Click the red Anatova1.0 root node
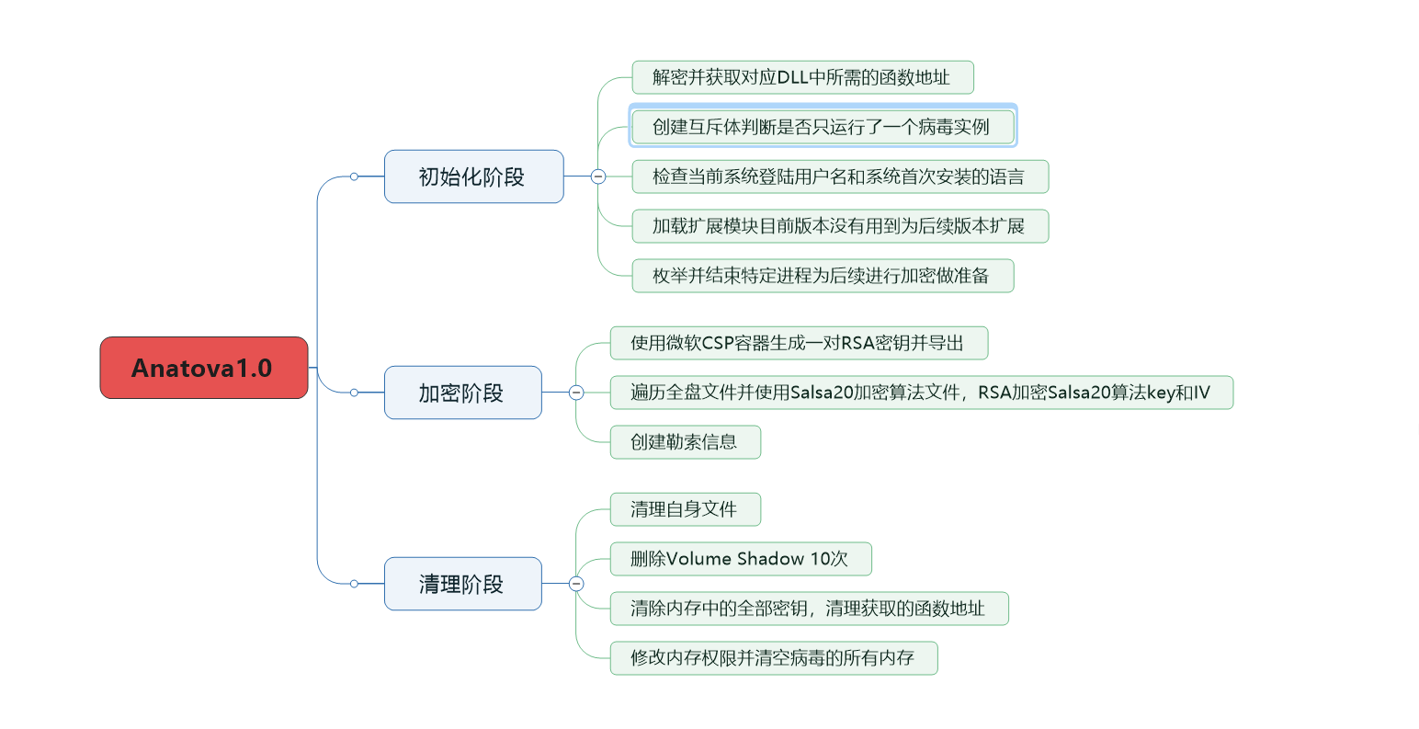[x=203, y=368]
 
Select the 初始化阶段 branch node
[x=473, y=177]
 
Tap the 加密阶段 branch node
[x=462, y=393]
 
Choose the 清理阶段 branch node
[x=462, y=584]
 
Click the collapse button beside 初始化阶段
[x=598, y=177]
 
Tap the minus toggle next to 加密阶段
[x=576, y=393]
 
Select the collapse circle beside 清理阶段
[x=576, y=584]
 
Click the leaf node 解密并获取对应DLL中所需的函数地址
[x=801, y=77]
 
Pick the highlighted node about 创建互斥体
[x=822, y=127]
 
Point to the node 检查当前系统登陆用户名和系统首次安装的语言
[x=839, y=177]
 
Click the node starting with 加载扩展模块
[x=839, y=226]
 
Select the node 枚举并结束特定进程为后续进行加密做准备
[x=822, y=276]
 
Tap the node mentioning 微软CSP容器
[x=798, y=343]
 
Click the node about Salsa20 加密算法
[x=921, y=393]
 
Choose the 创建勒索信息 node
[x=685, y=442]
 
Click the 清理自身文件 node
[x=685, y=509]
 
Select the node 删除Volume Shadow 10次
[x=740, y=559]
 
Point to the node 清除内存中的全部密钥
[x=808, y=609]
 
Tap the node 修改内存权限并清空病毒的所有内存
[x=773, y=658]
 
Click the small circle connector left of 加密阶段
[x=354, y=393]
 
